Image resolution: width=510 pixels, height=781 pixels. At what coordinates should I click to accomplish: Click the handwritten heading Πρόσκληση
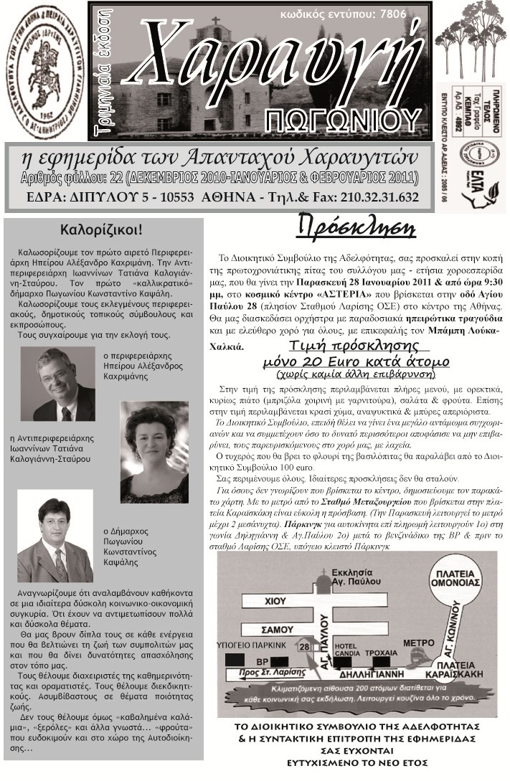[356, 228]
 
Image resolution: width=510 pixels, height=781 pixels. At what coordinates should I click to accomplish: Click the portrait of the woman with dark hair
[154, 440]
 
